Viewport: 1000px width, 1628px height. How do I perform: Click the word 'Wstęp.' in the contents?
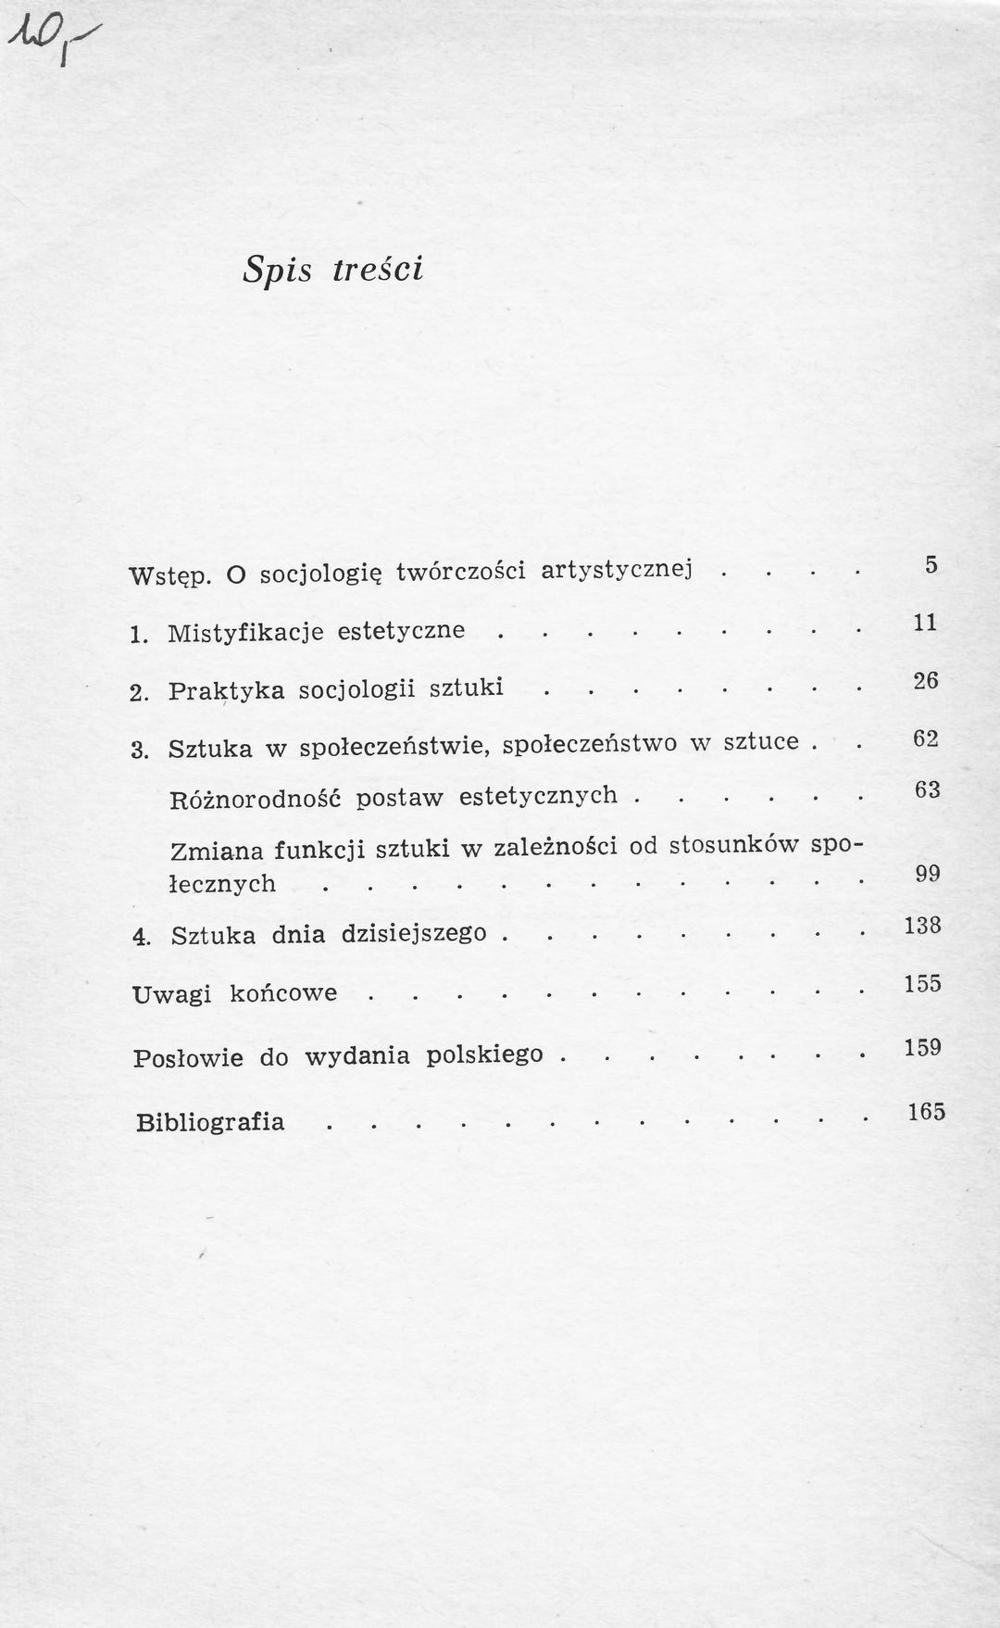click(170, 575)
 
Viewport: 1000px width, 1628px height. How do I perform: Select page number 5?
click(931, 564)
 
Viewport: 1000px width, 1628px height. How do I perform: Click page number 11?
click(925, 623)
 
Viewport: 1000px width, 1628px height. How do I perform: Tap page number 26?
click(925, 681)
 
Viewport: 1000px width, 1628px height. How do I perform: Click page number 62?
click(925, 738)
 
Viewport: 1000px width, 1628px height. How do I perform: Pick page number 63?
click(927, 790)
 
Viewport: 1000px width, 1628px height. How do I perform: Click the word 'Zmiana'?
click(212, 852)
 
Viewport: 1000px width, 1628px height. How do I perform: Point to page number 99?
click(928, 874)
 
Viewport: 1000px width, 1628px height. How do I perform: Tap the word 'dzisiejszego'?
click(413, 933)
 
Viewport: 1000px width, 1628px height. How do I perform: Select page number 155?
click(922, 983)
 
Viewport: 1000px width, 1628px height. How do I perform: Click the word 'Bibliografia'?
click(210, 1122)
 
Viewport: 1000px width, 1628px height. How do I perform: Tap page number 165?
click(926, 1111)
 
